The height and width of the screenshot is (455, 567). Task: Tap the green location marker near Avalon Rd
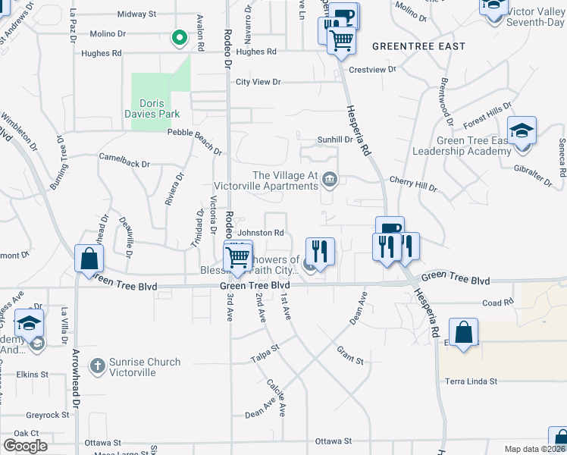pos(180,36)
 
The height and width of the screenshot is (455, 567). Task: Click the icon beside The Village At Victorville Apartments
pos(329,180)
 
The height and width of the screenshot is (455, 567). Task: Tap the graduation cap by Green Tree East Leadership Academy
pos(522,130)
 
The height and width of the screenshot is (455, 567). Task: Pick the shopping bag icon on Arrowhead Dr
pos(89,259)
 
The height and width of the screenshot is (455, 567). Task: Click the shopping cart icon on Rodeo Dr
pos(238,256)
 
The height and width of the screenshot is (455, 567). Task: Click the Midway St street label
pos(136,14)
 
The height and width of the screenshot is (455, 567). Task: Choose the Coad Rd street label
pos(498,303)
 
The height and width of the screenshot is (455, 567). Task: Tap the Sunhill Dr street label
pos(334,140)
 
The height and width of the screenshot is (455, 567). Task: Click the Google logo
pos(25,445)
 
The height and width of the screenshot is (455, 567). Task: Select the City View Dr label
pos(258,82)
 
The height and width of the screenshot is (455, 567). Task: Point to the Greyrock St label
pos(48,416)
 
